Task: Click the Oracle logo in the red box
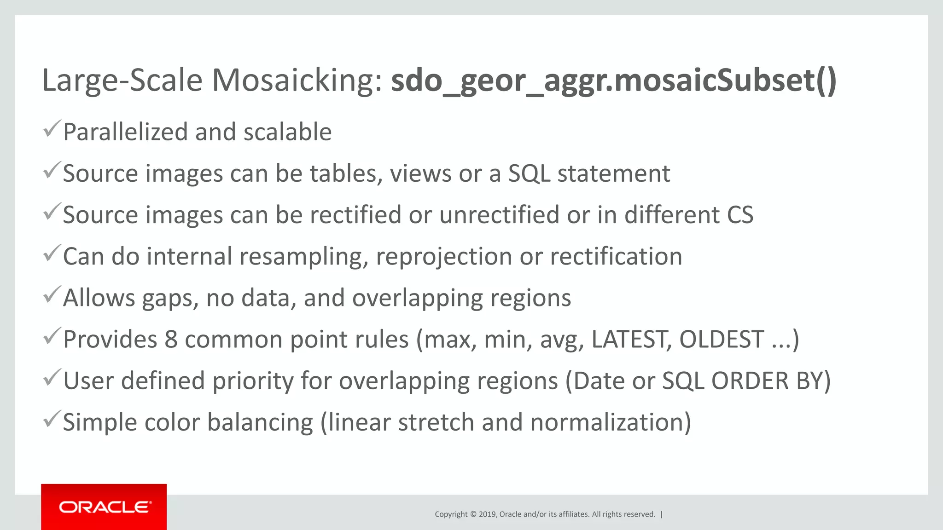(105, 507)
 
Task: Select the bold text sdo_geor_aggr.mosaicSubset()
(613, 81)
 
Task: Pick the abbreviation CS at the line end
(740, 215)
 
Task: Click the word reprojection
(443, 257)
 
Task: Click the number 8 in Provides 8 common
(171, 340)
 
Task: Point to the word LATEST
(629, 340)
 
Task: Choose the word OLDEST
(722, 340)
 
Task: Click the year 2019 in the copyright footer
(487, 514)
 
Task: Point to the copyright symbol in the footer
(473, 514)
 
